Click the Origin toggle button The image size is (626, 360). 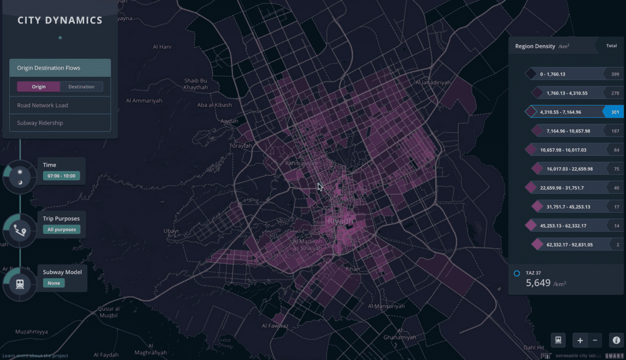click(39, 87)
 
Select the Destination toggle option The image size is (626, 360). click(81, 87)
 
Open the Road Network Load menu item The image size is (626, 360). click(43, 105)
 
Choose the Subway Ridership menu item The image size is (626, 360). click(40, 123)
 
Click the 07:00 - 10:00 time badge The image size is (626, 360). click(62, 176)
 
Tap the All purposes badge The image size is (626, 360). click(62, 229)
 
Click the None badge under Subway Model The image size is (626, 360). click(54, 283)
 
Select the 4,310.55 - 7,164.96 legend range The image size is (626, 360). click(560, 112)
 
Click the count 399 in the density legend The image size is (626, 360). click(615, 74)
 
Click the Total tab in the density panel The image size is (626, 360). click(611, 46)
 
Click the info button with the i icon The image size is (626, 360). click(616, 340)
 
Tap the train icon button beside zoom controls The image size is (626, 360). click(558, 340)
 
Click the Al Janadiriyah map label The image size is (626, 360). click(433, 83)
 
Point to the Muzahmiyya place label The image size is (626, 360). click(32, 332)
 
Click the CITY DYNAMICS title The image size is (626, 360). click(60, 21)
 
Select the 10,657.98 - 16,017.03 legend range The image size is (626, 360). click(563, 150)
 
